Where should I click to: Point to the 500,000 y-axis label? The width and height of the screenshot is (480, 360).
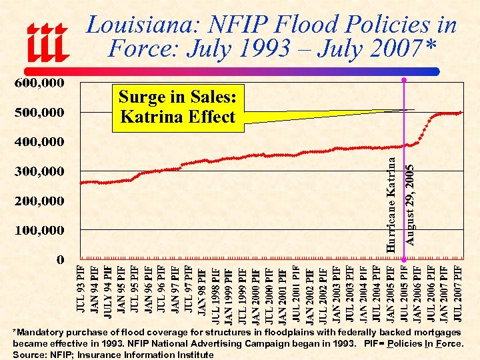pyautogui.click(x=40, y=113)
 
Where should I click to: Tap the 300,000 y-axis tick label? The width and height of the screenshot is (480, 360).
pyautogui.click(x=40, y=171)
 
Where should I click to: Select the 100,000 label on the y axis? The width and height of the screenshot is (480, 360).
pyautogui.click(x=40, y=231)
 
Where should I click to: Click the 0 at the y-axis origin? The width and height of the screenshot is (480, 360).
pyautogui.click(x=60, y=259)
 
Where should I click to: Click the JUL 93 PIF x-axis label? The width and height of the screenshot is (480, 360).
pyautogui.click(x=81, y=291)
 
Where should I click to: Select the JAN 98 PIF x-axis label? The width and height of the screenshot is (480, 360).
pyautogui.click(x=202, y=291)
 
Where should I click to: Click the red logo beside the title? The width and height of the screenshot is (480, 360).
pyautogui.click(x=47, y=41)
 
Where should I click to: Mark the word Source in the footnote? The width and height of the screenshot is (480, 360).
pyautogui.click(x=29, y=355)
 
